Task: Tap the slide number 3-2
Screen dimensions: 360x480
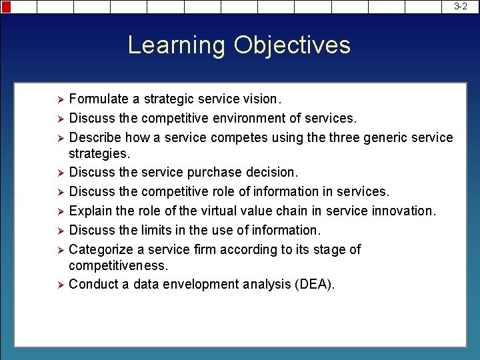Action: [461, 6]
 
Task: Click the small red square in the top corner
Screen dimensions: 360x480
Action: [6, 7]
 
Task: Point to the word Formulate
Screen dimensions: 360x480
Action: [99, 99]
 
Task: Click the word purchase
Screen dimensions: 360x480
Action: [215, 172]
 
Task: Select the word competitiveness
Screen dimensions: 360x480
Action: [119, 265]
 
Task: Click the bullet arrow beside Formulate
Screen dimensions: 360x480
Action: [59, 100]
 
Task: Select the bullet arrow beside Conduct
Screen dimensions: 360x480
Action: [59, 285]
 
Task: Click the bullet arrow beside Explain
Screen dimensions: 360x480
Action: [59, 211]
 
